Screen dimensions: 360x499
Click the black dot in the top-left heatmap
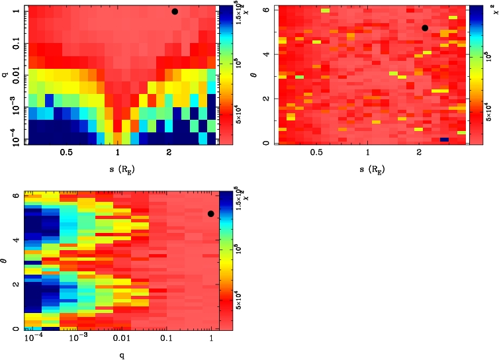click(175, 11)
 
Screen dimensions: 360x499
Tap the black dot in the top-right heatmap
click(425, 28)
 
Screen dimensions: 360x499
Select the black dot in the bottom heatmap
click(210, 214)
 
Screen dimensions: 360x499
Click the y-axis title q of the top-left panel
click(5, 75)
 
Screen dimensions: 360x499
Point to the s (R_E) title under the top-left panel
click(117, 169)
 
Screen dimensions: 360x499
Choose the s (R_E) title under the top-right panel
click(368, 169)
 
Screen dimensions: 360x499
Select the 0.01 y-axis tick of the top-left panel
click(11, 75)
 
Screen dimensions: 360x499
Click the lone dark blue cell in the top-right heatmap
click(444, 140)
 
